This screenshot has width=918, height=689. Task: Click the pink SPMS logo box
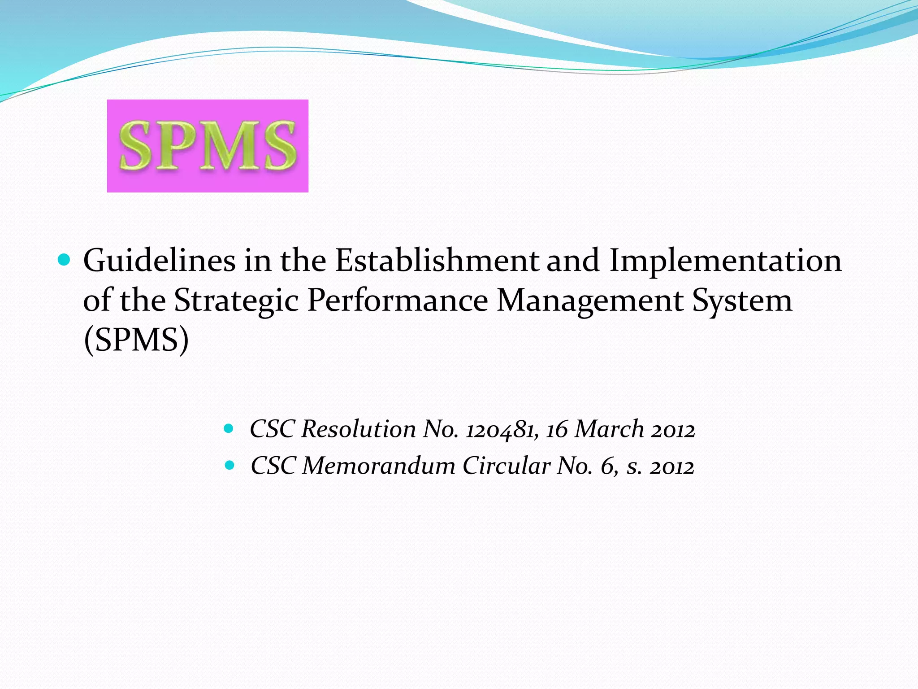pos(208,146)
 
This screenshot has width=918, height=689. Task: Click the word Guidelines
pos(160,261)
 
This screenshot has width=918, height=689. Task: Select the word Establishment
pos(437,261)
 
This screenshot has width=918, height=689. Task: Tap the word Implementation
pos(725,262)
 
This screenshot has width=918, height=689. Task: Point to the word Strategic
pos(236,301)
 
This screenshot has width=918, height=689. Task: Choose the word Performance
pos(398,300)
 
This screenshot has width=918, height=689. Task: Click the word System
pos(742,301)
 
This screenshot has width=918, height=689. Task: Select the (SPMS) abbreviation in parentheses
pos(136,340)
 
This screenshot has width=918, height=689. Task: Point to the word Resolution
pos(359,429)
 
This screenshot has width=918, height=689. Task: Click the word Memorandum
pos(379,466)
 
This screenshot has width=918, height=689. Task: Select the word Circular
pos(506,466)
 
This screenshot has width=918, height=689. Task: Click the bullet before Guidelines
pos(65,260)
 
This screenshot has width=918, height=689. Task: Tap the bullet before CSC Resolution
pos(229,428)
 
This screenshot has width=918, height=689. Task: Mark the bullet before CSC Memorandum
pos(229,465)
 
